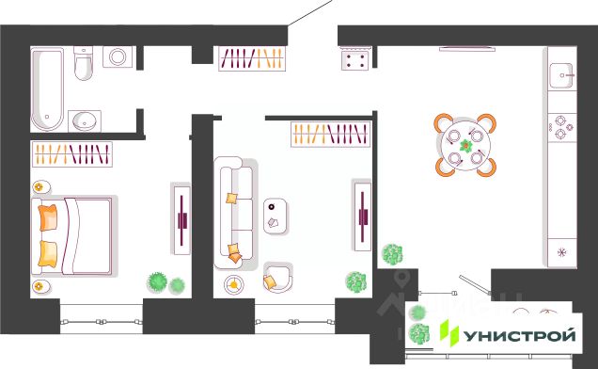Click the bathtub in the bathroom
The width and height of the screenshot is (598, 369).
click(47, 89)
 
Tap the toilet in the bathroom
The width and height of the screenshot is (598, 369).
click(83, 63)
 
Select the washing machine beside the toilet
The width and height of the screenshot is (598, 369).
click(118, 57)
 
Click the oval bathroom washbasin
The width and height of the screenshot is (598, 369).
click(85, 120)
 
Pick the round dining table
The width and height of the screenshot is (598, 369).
click(465, 146)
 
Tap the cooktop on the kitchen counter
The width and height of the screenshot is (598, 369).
click(562, 128)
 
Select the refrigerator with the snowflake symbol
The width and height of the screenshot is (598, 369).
click(562, 252)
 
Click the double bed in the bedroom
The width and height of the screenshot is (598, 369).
click(72, 235)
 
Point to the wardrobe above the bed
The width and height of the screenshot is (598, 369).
click(72, 154)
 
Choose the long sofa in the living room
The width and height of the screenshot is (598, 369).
click(234, 213)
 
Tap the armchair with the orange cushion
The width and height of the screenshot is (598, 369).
click(278, 278)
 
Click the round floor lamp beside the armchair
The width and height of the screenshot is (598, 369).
click(234, 284)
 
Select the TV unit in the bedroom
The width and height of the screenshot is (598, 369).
click(181, 220)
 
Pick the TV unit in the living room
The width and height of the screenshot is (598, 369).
click(362, 217)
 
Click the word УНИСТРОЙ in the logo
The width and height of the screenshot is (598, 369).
click(519, 336)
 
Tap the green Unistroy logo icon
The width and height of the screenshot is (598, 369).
click(448, 333)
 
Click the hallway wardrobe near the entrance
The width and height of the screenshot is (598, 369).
click(252, 58)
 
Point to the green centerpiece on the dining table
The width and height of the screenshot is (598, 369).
click(465, 146)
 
